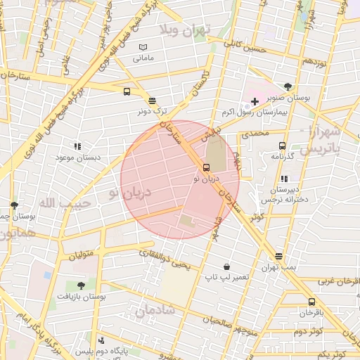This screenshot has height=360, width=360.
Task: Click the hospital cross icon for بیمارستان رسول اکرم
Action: (255, 102)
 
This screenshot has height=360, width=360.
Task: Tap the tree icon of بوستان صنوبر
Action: (288, 86)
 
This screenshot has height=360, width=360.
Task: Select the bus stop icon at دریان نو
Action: (206, 168)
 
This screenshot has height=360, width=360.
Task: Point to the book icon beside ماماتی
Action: (143, 46)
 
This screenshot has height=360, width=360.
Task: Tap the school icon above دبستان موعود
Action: (77, 146)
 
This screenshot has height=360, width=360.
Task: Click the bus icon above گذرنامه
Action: (282, 146)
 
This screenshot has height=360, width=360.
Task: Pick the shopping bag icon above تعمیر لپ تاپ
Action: (226, 266)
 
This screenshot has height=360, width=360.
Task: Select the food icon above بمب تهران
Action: (279, 256)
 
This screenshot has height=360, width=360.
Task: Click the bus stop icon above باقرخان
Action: (311, 301)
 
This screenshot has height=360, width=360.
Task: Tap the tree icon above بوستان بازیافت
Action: (81, 286)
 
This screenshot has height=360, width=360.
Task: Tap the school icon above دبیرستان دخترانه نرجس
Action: (284, 179)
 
